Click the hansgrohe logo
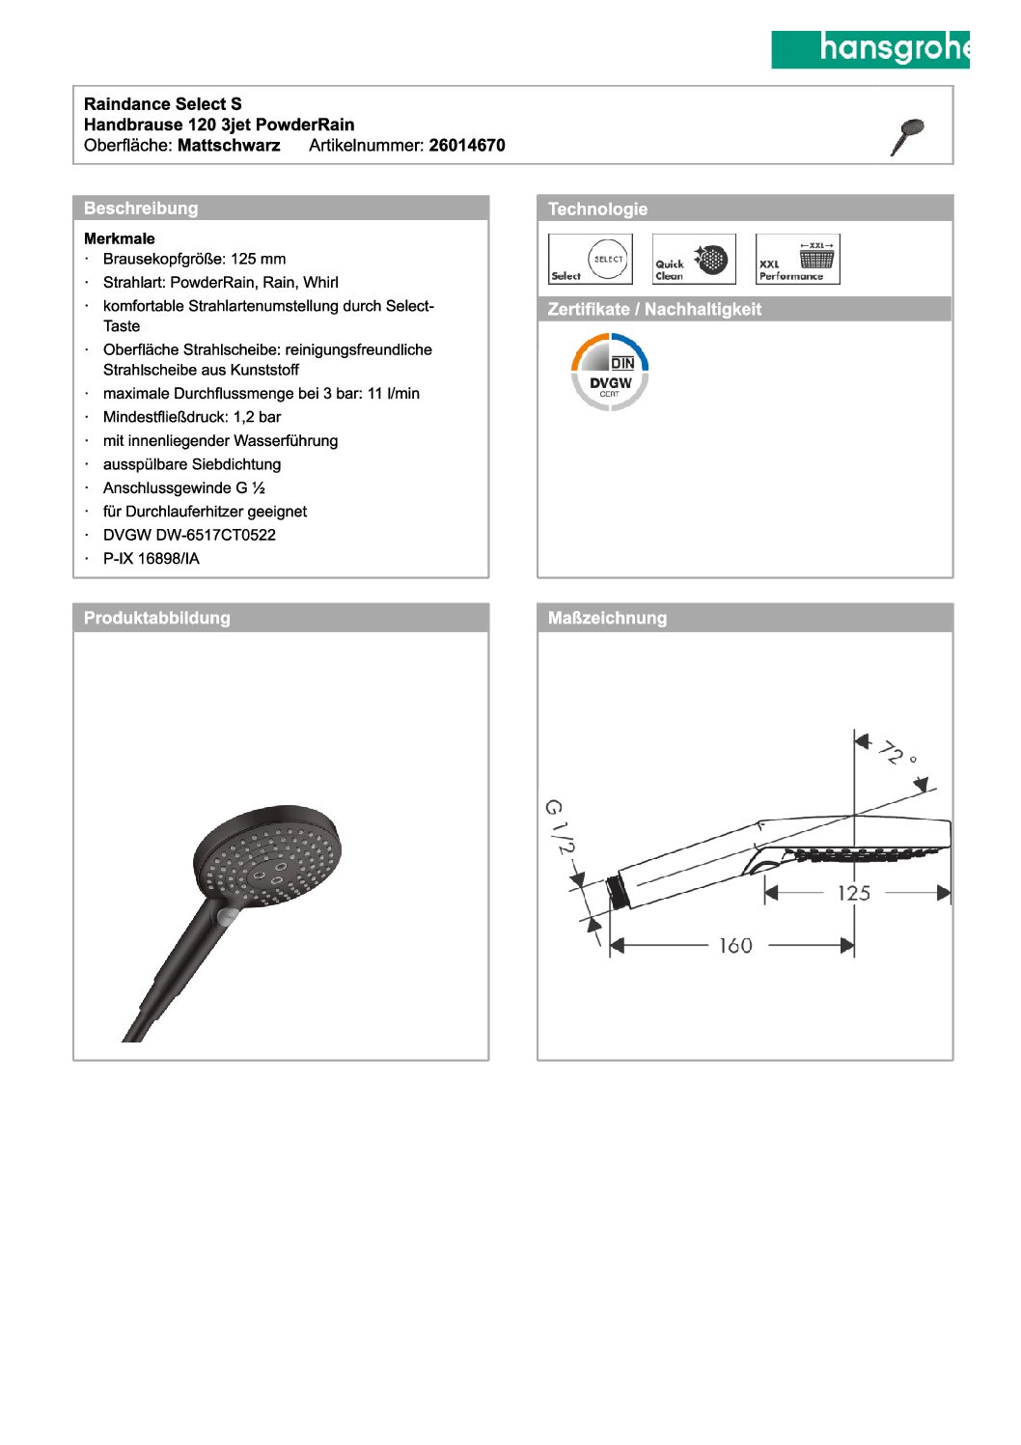click(869, 49)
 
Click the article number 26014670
click(467, 146)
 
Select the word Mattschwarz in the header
click(229, 146)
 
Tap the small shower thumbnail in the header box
click(907, 136)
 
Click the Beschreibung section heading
click(141, 208)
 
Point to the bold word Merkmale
click(120, 238)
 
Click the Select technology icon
click(591, 260)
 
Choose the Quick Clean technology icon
click(694, 260)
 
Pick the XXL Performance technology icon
click(797, 260)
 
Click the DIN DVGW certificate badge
click(610, 372)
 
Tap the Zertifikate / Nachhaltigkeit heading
click(654, 310)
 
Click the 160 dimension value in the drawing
click(735, 946)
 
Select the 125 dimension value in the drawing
click(854, 893)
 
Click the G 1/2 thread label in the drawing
click(559, 826)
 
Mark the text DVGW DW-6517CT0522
click(189, 535)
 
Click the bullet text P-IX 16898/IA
click(152, 559)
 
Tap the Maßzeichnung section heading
click(607, 619)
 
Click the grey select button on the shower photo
click(228, 915)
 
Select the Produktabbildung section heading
click(157, 619)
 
